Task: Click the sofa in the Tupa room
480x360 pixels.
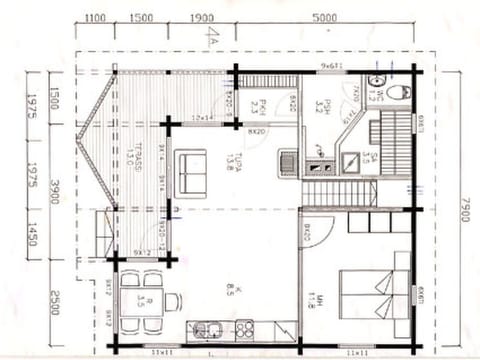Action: coord(190,171)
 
